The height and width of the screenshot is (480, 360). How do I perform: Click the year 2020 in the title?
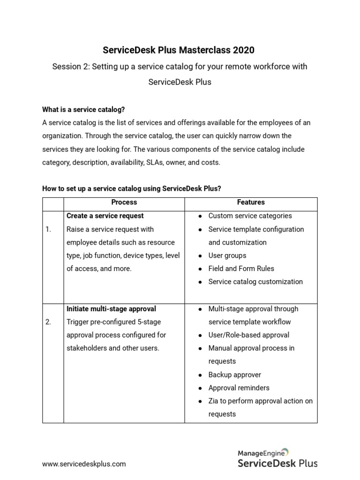tap(244, 50)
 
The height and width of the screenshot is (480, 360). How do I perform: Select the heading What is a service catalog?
tap(83, 109)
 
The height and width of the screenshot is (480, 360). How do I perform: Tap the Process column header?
tap(124, 202)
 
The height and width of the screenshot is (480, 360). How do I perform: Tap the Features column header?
tap(251, 202)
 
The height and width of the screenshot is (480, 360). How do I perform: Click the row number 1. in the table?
tap(49, 229)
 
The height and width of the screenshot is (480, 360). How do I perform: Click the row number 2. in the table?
tap(49, 322)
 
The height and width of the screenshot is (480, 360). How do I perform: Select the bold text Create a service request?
tap(105, 216)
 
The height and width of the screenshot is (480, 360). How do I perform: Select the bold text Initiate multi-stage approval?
tap(111, 309)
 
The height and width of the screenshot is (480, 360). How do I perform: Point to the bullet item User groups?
tap(227, 255)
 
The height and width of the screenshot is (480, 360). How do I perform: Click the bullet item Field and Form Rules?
tap(241, 269)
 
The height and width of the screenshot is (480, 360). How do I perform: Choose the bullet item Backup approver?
tap(234, 375)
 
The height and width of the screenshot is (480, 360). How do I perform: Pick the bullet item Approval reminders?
tap(239, 388)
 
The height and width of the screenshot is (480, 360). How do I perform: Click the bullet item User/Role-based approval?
tap(248, 335)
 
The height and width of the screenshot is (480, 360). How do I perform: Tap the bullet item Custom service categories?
tap(250, 216)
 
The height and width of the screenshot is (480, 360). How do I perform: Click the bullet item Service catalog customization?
tap(255, 282)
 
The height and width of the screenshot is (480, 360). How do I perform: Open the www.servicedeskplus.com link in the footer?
tap(84, 464)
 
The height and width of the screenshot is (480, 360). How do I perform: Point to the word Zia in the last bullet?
tap(214, 401)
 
